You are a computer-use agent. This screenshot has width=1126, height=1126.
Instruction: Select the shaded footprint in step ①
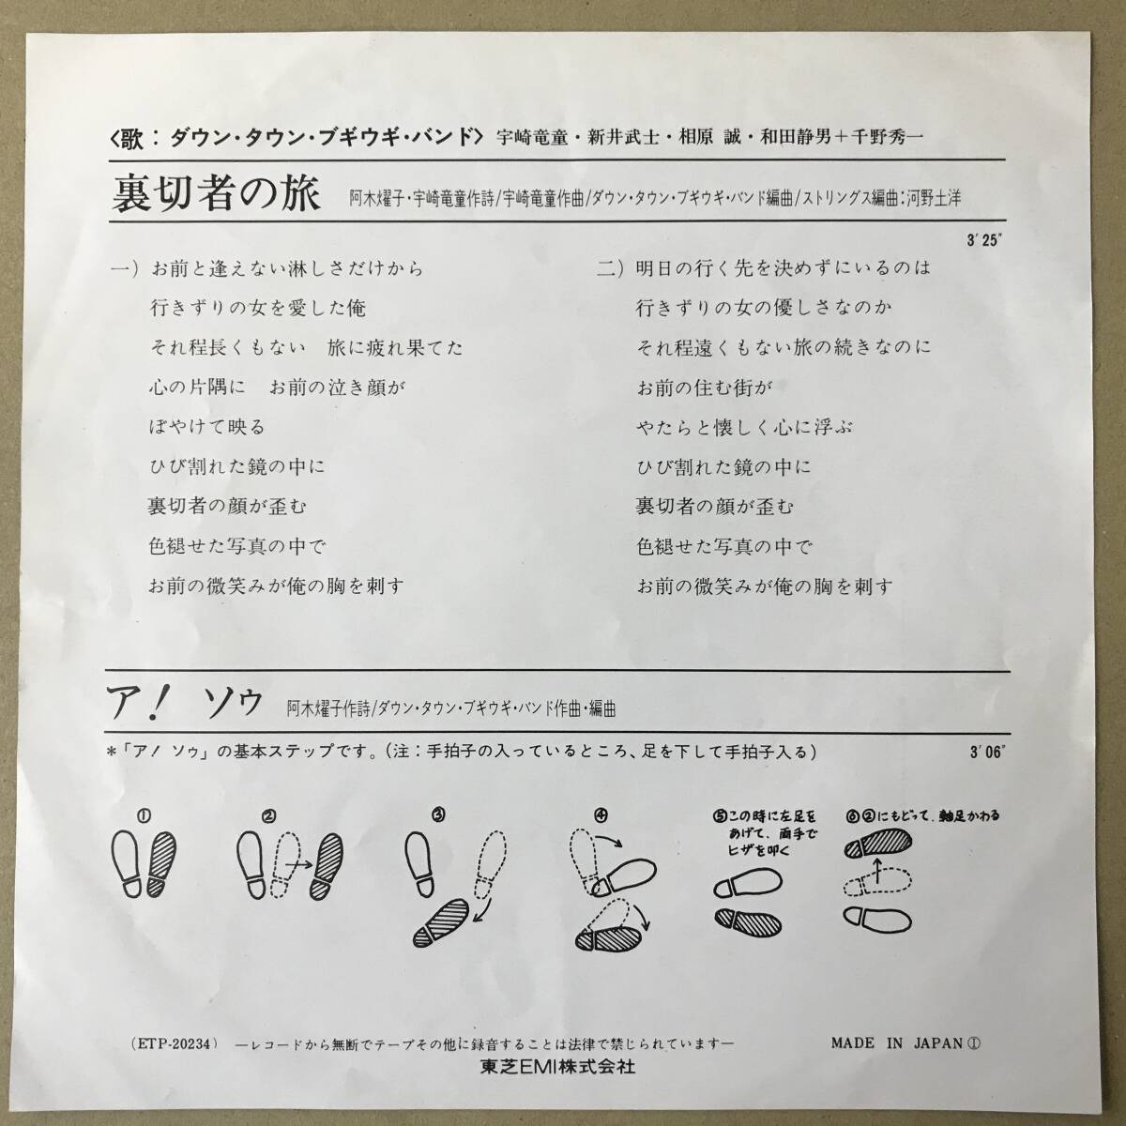point(155,861)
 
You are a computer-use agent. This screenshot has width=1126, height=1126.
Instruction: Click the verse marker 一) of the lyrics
point(125,268)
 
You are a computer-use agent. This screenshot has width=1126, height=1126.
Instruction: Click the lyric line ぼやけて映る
point(206,427)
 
